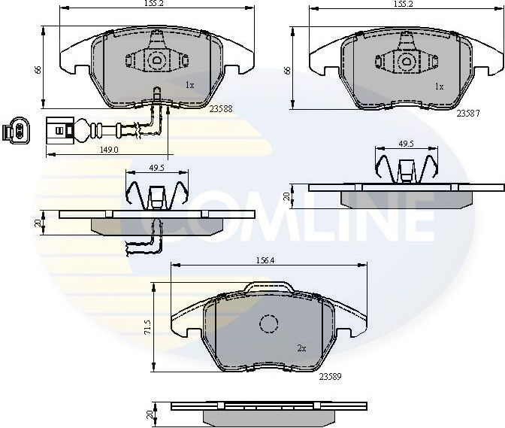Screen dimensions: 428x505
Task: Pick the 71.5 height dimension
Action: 147,328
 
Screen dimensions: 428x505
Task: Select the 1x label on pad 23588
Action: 189,85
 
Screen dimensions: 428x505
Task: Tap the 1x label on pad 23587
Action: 440,86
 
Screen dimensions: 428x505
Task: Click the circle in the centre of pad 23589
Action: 269,324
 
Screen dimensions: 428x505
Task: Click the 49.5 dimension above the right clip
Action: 405,143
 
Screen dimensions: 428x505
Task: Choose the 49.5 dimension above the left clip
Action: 156,168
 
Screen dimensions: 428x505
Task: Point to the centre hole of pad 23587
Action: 406,62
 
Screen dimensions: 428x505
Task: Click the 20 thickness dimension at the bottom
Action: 150,415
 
